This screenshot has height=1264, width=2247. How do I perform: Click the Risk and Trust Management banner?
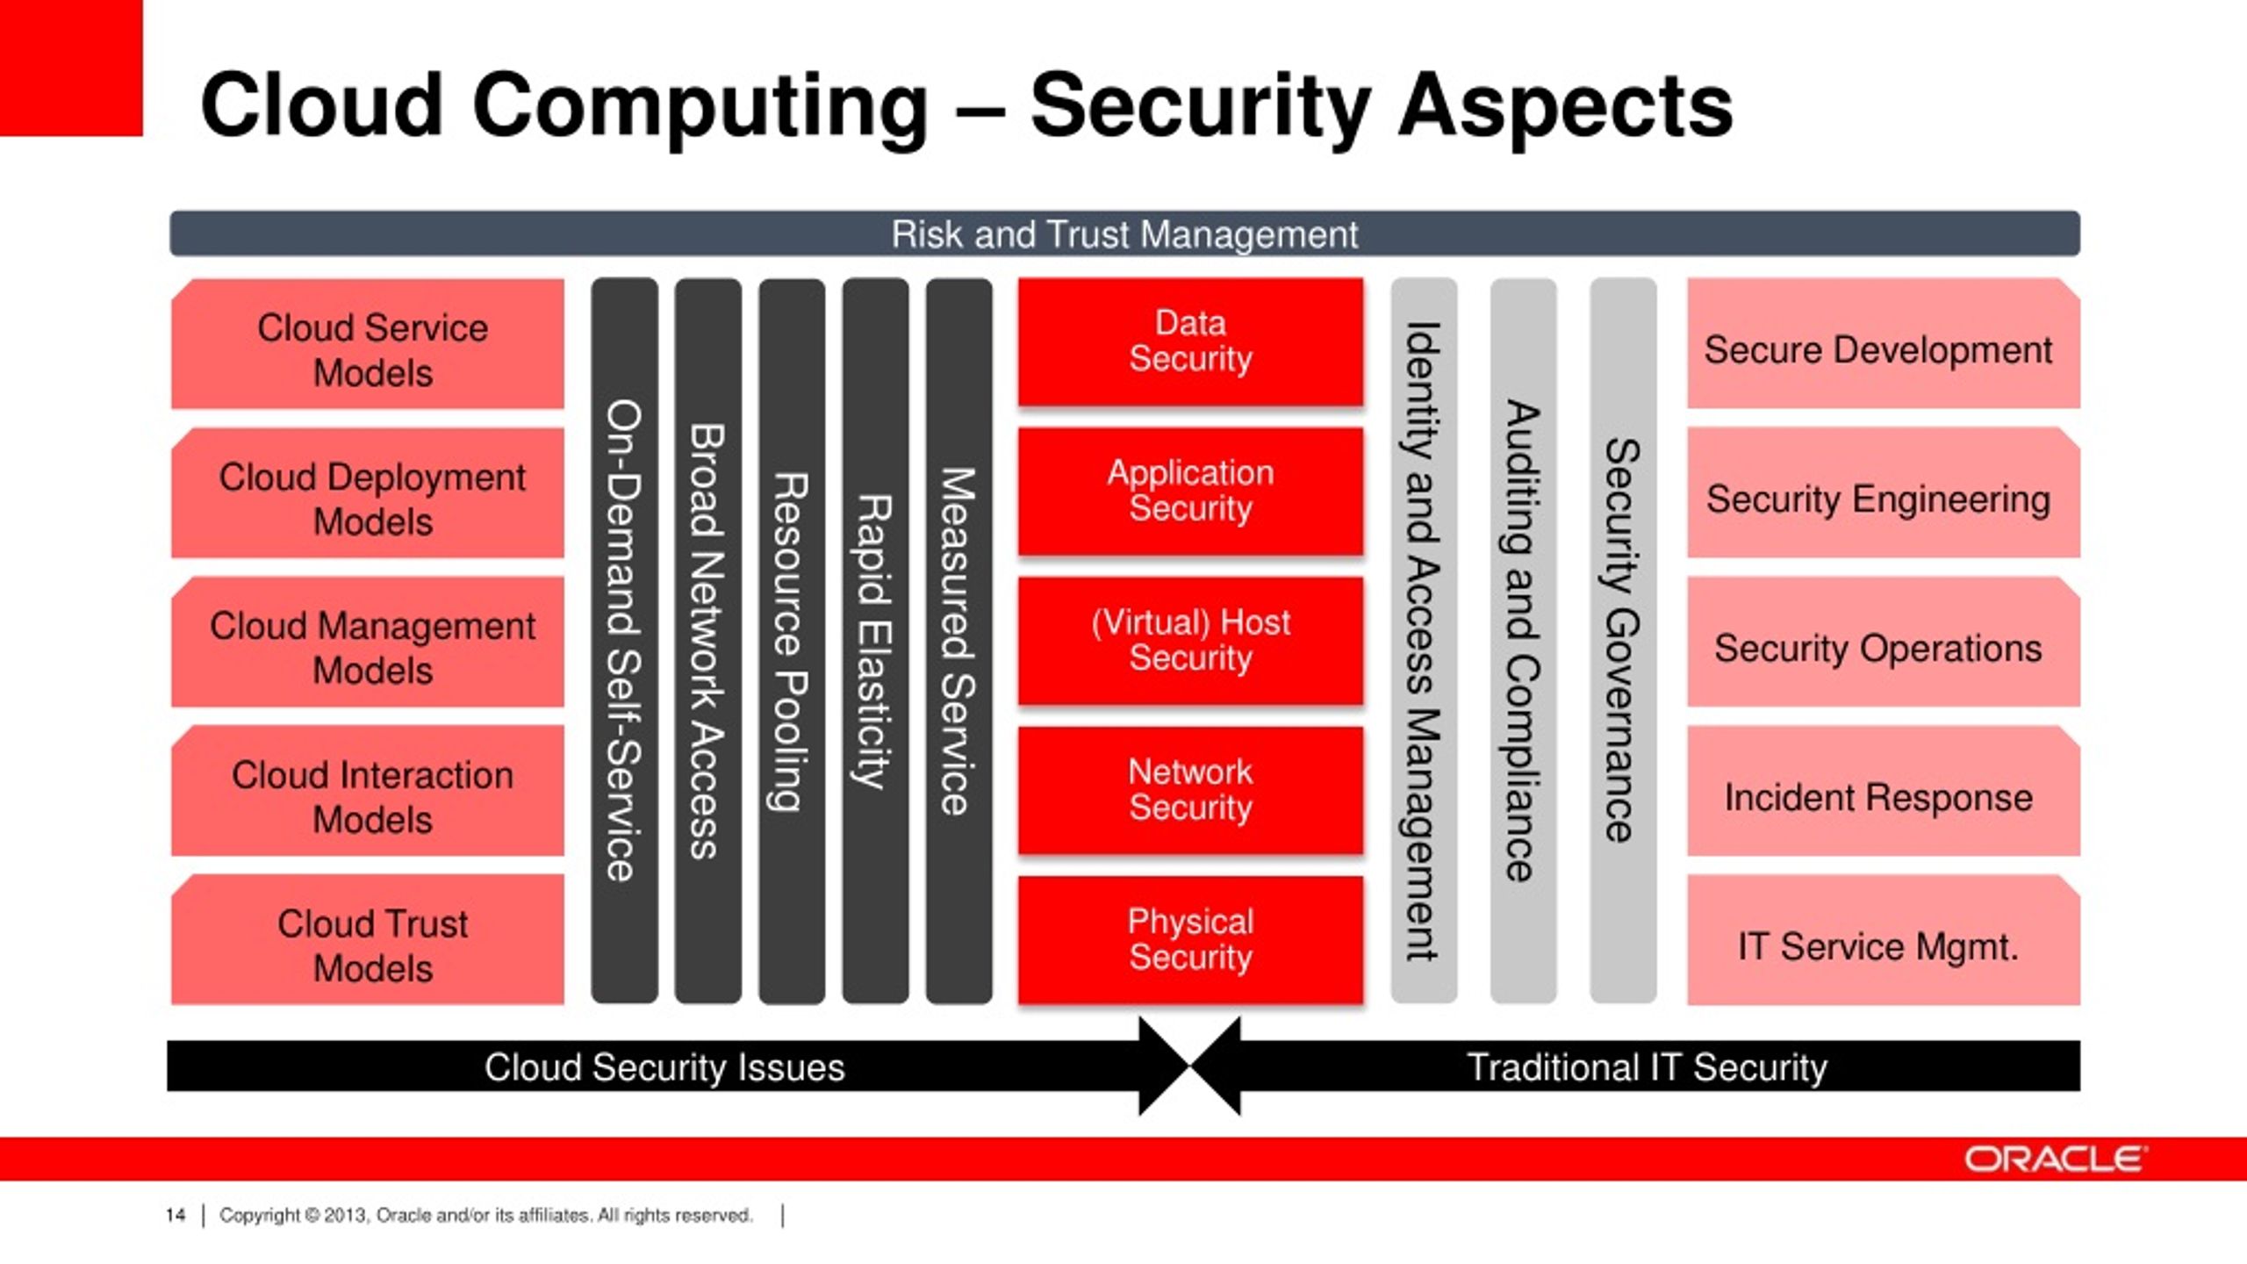1124,233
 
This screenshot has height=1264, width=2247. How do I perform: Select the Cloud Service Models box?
368,344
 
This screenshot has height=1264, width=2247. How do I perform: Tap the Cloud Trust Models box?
368,940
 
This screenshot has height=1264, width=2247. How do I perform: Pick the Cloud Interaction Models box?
368,791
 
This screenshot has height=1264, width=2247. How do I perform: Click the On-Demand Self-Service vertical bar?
624,641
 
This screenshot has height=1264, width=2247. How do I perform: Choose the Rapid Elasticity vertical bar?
875,641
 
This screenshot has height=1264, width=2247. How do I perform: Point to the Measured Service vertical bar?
958,641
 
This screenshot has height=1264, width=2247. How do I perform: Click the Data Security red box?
1190,342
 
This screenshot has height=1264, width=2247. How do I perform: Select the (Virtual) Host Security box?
1190,641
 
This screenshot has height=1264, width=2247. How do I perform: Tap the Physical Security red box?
1190,940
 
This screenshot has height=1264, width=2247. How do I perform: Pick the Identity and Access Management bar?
1424,641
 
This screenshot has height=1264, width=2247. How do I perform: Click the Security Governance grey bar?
1623,641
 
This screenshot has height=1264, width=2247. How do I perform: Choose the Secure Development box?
1884,344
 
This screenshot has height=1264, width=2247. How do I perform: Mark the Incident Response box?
1884,791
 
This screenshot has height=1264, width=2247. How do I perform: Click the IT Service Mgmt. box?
1884,940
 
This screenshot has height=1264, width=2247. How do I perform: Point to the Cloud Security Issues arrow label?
664,1067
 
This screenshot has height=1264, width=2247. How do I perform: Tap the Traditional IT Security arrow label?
1647,1067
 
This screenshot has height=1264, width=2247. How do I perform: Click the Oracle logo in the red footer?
2055,1159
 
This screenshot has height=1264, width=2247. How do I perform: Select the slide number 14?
175,1215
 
